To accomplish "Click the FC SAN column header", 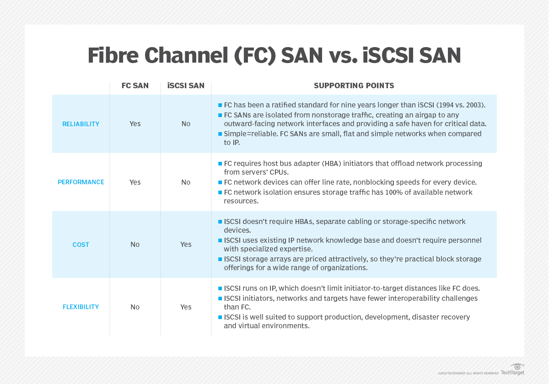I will (135, 85).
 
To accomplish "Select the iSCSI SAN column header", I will (186, 85).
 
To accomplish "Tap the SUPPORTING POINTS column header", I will (354, 85).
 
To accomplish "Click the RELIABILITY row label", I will (81, 124).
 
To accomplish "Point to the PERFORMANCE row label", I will (81, 182).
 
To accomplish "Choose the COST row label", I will (81, 245).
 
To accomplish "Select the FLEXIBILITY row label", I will (81, 307).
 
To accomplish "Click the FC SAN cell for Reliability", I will (135, 124).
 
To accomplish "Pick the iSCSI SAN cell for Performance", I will (186, 182).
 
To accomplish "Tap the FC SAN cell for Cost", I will (135, 245).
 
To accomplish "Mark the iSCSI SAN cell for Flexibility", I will (186, 307).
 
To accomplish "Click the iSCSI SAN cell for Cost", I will (186, 245).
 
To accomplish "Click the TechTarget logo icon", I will (517, 367).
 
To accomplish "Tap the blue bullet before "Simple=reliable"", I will (220, 134).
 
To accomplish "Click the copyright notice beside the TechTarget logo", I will (468, 373).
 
